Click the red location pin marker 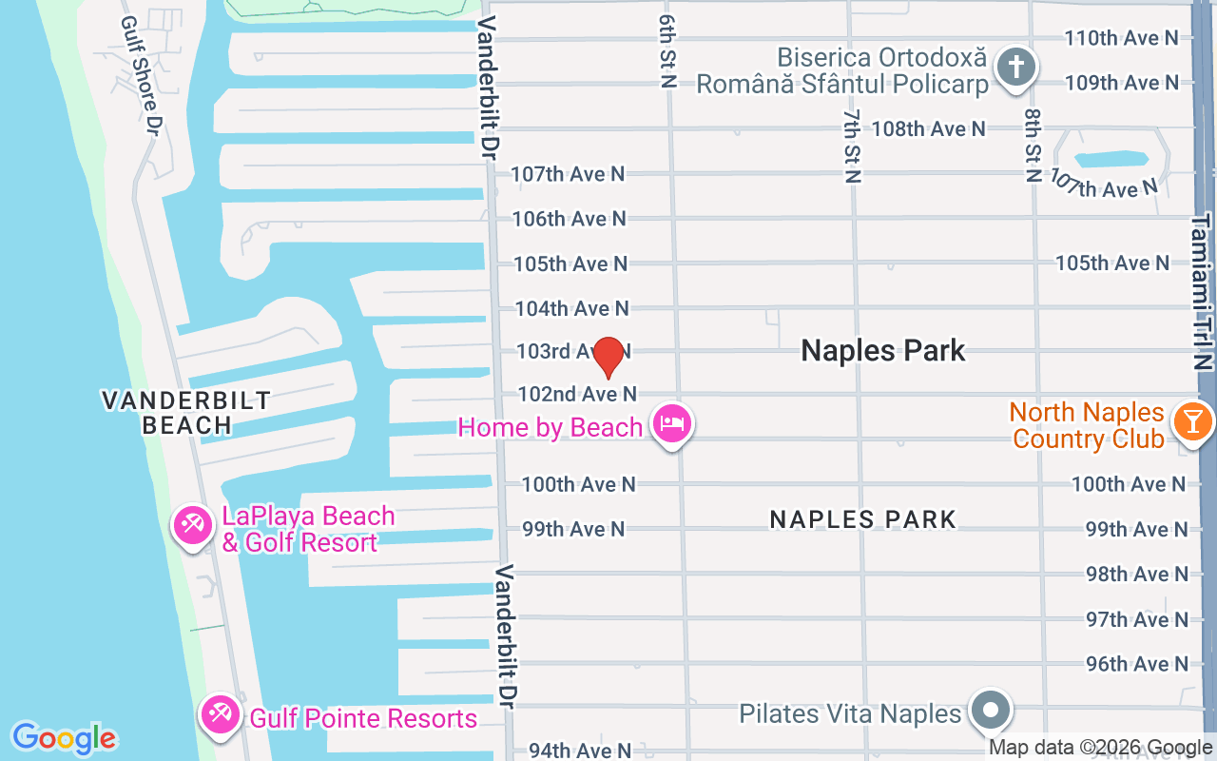pos(608,357)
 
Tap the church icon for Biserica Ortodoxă pos(1015,68)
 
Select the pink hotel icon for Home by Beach pos(672,423)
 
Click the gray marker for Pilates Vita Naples pos(991,711)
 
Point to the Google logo pos(64,737)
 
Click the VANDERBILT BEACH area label pos(186,412)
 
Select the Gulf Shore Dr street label pos(139,76)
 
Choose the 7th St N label pos(852,145)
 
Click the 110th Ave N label pos(1121,38)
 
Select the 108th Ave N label pos(928,128)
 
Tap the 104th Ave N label pos(571,308)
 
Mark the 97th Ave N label pos(1137,619)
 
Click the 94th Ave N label pos(580,751)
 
